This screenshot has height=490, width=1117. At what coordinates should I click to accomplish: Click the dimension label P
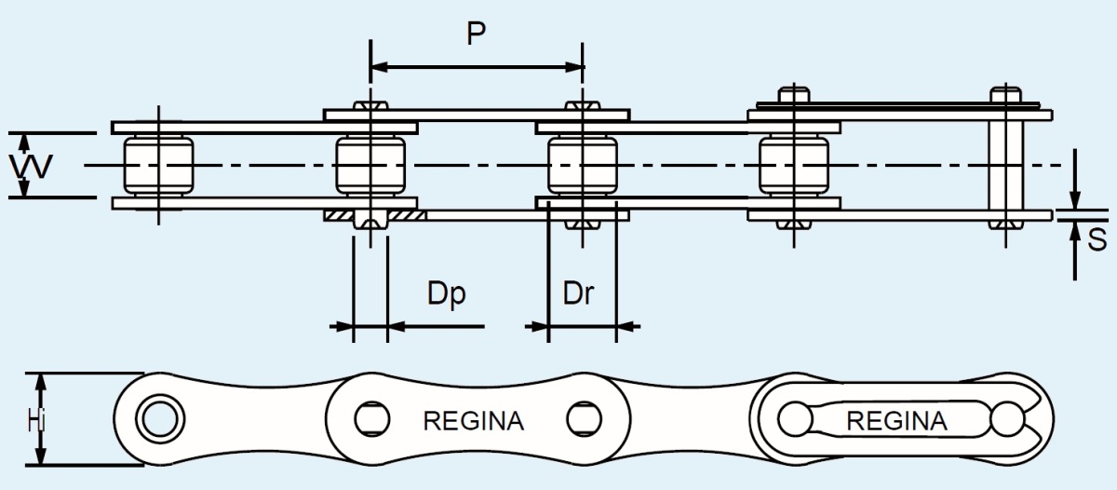[x=477, y=35]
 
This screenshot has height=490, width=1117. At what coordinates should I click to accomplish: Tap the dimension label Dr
[x=578, y=293]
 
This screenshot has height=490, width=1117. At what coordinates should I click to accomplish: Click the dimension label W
[x=30, y=167]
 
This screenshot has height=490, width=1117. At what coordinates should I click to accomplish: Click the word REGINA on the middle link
[x=473, y=420]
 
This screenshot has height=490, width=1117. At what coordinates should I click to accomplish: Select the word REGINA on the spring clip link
[x=896, y=420]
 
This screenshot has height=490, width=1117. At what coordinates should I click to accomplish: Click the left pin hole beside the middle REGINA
[x=370, y=417]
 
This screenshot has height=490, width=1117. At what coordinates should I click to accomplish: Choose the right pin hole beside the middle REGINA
[x=582, y=417]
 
